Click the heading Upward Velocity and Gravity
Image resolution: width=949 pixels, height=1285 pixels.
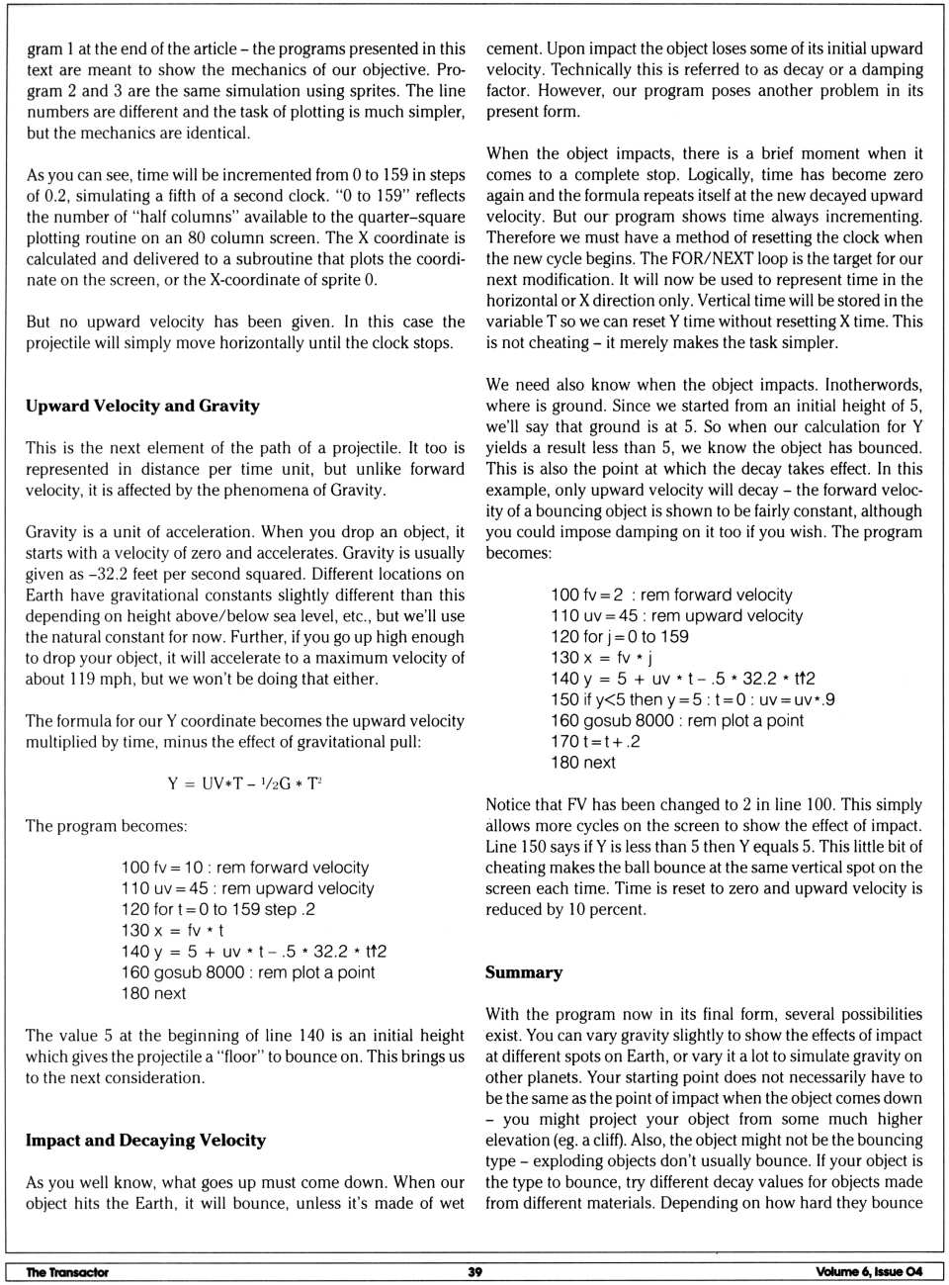142,406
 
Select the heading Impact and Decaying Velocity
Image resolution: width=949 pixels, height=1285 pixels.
145,1140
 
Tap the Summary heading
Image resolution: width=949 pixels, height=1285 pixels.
524,972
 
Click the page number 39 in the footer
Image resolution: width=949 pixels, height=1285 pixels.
474,1272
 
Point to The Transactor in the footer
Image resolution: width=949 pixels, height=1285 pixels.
67,1272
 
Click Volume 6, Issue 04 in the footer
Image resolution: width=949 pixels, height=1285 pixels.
869,1272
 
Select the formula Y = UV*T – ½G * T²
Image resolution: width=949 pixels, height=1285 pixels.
245,783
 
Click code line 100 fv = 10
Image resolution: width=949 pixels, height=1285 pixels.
245,868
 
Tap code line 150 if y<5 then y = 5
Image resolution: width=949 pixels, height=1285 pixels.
693,699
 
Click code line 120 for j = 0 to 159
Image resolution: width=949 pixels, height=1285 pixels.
620,636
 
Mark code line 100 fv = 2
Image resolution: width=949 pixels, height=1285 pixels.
671,595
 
